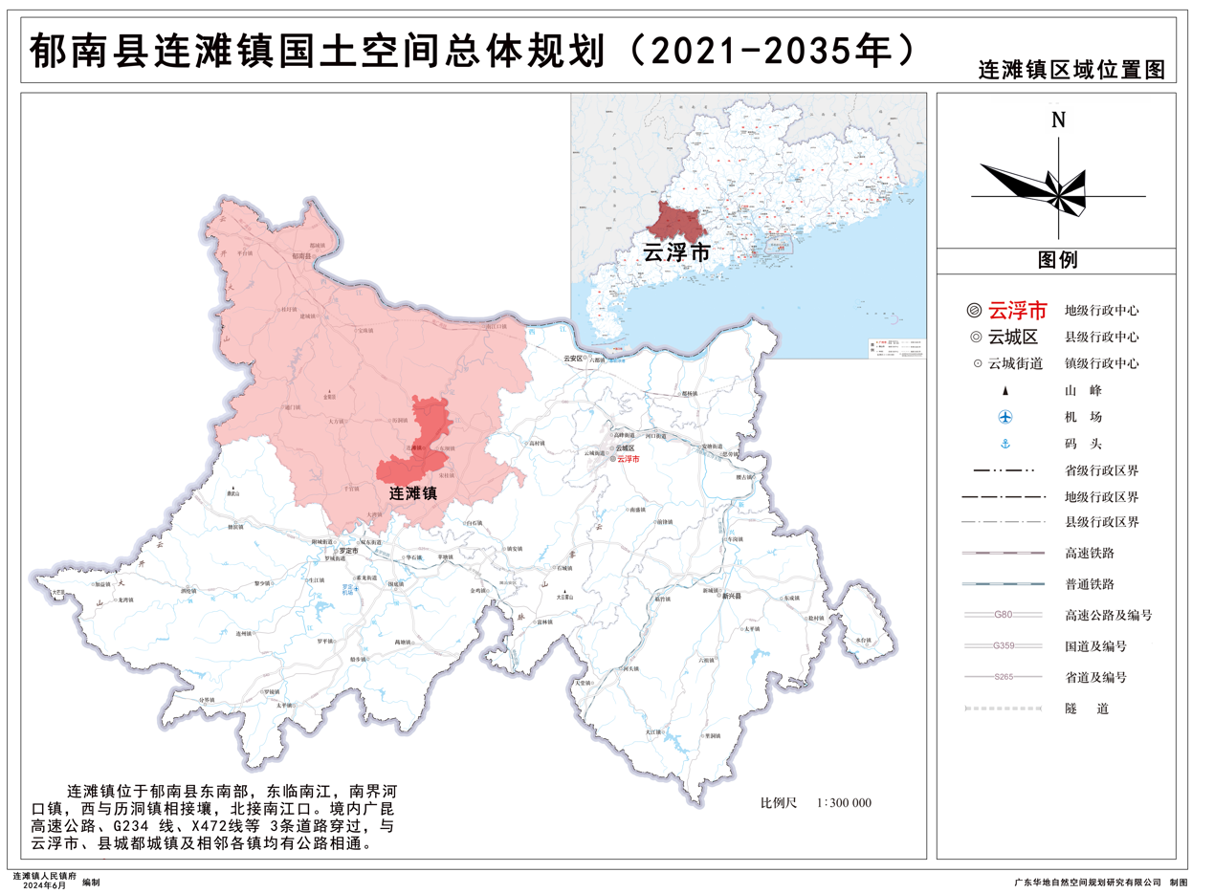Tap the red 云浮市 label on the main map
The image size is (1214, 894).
[628, 460]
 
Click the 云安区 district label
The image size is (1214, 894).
[573, 359]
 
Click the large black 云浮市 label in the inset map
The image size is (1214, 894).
[675, 253]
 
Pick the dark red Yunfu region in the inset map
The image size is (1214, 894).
[675, 221]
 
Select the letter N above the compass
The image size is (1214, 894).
[1058, 120]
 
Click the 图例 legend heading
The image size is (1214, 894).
[1057, 260]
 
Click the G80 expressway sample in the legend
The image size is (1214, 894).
[1004, 615]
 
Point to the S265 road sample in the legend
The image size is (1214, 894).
[1004, 677]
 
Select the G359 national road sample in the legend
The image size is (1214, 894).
[1004, 646]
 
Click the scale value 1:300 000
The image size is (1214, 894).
[844, 803]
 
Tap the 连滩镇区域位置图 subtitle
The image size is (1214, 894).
[1071, 72]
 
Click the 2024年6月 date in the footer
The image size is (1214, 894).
[45, 886]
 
